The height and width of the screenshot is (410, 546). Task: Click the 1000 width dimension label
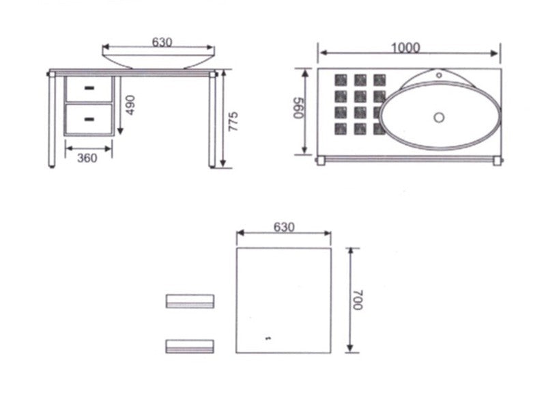click(x=405, y=47)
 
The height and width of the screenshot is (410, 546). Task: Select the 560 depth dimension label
click(x=299, y=108)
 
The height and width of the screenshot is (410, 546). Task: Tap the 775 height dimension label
click(x=233, y=122)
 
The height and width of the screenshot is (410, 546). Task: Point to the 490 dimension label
click(x=130, y=105)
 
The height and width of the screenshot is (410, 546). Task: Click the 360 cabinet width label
click(x=87, y=158)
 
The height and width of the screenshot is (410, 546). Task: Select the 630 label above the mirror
click(x=284, y=227)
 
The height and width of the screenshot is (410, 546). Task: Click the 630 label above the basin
click(x=162, y=42)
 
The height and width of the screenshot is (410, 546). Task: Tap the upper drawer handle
click(x=89, y=88)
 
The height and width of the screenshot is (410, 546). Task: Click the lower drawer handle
click(x=89, y=120)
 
